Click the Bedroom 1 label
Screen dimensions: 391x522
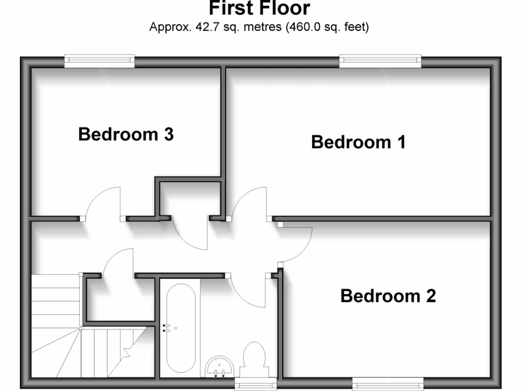(358, 142)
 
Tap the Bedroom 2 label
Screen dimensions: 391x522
(388, 296)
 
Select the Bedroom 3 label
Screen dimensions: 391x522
(126, 134)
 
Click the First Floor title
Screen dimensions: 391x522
(259, 9)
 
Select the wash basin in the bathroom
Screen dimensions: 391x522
(220, 366)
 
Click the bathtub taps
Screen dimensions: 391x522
(166, 328)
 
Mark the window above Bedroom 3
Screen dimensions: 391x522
(100, 61)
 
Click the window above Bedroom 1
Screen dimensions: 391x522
(381, 61)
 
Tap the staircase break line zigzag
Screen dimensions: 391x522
(126, 350)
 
